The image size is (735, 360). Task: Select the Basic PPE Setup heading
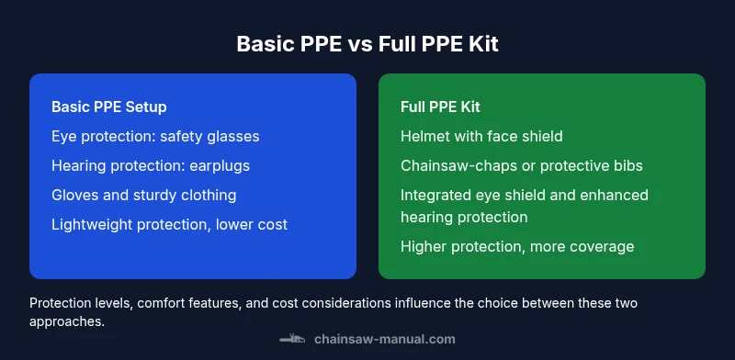coord(109,107)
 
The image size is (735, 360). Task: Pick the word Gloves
coord(74,195)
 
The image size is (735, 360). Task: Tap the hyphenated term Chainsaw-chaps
coord(453,165)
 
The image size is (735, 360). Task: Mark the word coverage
coord(603,246)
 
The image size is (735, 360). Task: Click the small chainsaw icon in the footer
coord(292,339)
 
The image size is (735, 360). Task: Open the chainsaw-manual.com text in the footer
coord(384,339)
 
